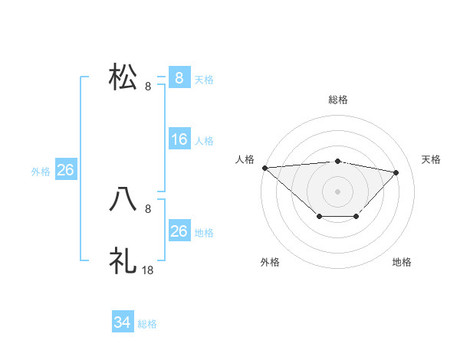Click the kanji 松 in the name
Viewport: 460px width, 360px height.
[x=123, y=78]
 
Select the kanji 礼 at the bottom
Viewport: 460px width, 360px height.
[x=123, y=260]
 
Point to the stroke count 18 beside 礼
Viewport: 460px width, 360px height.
[x=149, y=270]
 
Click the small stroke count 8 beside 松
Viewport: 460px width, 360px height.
[x=147, y=87]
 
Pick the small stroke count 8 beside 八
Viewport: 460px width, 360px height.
[x=147, y=208]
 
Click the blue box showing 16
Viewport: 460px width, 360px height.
[x=179, y=139]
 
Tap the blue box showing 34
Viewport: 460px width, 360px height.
[x=123, y=323]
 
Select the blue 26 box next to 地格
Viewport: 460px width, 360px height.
[x=179, y=231]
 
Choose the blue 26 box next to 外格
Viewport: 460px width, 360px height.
[x=65, y=170]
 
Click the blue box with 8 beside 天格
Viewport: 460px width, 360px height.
[x=179, y=78]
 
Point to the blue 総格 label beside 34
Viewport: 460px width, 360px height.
[x=147, y=324]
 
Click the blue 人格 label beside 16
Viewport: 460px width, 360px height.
[x=204, y=140]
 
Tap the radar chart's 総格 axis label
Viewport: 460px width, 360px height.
[x=337, y=100]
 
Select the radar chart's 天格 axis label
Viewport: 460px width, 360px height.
[x=431, y=159]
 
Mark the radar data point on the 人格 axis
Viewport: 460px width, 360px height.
[x=264, y=167]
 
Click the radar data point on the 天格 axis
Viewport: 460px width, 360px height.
[x=396, y=172]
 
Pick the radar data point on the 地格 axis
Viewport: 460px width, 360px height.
[x=356, y=218]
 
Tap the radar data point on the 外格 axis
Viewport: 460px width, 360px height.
[x=319, y=218]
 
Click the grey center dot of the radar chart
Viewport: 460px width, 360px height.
[x=337, y=191]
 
